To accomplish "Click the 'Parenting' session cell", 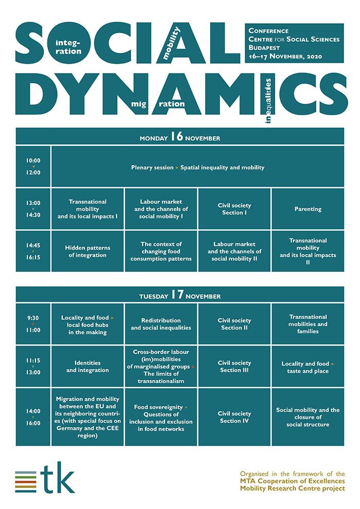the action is coord(308,209).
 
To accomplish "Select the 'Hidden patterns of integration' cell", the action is coord(87,251).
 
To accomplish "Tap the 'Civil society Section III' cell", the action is coord(235,366).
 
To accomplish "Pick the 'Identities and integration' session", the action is coord(87,366).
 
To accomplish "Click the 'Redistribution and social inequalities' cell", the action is coord(161,324).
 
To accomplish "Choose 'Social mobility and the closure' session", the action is coord(308,417).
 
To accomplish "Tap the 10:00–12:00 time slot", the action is coord(33,167).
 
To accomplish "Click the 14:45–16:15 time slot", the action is coord(33,251).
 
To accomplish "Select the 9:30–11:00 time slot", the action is coord(33,324).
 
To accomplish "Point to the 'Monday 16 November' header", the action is coord(180,136).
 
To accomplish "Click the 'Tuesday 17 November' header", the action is coord(180,295).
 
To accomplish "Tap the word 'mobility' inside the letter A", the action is coord(171,44).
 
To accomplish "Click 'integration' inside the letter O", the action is coord(68,47).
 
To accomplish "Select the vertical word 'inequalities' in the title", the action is coord(268,101).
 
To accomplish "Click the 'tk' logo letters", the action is coord(58,478).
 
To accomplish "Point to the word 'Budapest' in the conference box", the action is coord(264,48).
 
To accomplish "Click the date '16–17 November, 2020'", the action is coord(285,56).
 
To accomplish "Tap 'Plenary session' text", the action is coord(152,168).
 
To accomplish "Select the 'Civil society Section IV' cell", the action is coord(235,417).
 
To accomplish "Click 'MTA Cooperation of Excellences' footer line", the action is coord(293,481).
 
